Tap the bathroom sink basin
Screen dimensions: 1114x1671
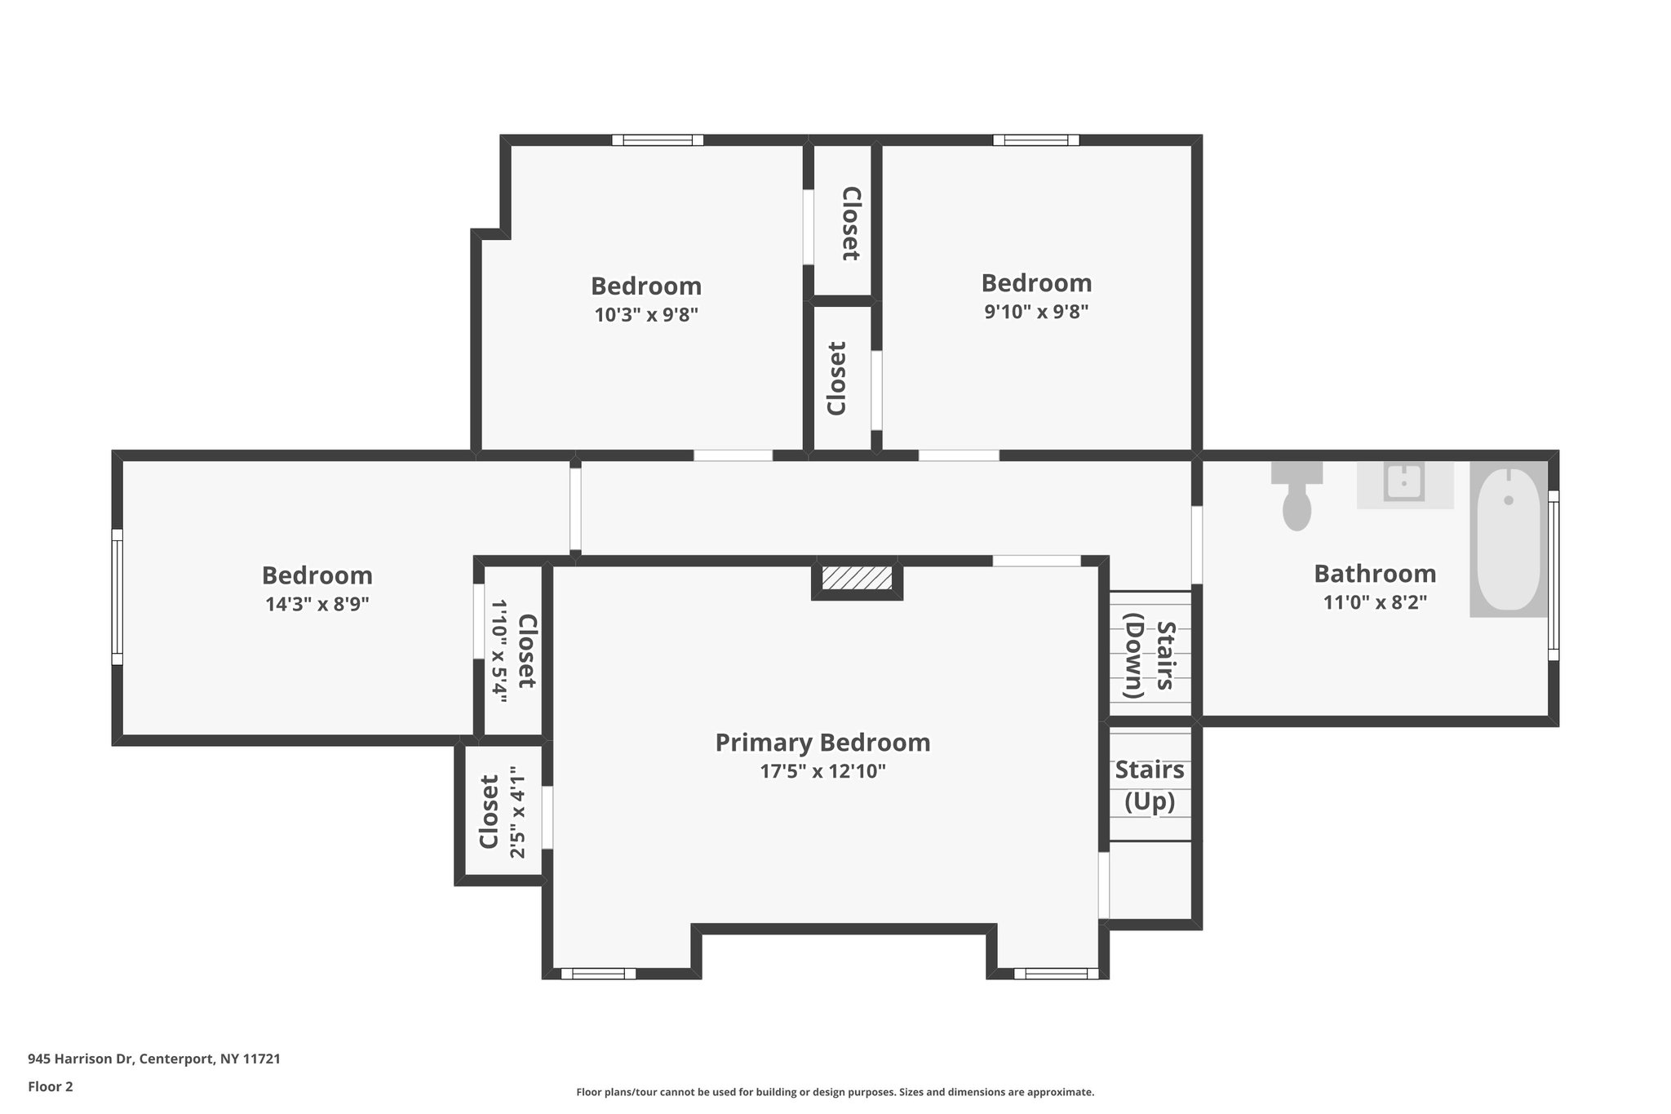point(1404,482)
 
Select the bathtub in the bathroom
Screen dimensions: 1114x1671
point(1509,539)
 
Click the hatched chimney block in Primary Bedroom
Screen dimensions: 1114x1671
point(857,578)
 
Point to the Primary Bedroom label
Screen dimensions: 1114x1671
point(822,743)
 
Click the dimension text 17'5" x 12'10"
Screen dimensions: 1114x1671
point(822,771)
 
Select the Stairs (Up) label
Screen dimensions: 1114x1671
point(1150,785)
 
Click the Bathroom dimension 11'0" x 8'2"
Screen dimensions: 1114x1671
point(1375,602)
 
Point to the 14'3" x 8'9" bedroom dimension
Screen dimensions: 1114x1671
point(317,604)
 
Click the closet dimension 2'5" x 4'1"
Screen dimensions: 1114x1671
point(518,812)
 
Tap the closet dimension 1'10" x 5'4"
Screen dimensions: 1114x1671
point(499,651)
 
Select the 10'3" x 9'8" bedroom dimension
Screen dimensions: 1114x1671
point(646,314)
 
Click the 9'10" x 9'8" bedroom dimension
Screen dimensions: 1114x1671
point(1036,311)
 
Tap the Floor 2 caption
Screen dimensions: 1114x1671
point(51,1086)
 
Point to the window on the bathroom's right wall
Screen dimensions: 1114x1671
point(1554,575)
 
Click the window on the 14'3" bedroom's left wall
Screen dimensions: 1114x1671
point(117,597)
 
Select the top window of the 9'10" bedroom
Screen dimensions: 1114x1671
point(1035,140)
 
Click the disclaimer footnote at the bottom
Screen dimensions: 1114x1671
point(835,1092)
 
